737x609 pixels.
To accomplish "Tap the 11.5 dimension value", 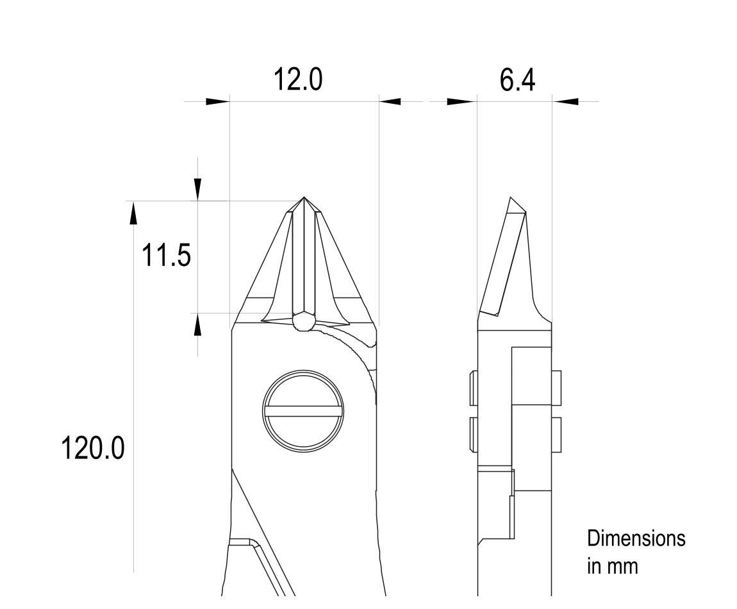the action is (167, 255).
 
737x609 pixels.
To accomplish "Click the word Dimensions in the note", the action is (636, 538).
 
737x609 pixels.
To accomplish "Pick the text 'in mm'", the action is (613, 566).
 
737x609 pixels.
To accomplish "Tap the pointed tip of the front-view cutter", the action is (304, 197).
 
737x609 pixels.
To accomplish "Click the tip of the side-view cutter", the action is (511, 199).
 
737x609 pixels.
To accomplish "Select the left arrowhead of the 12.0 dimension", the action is (218, 101).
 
